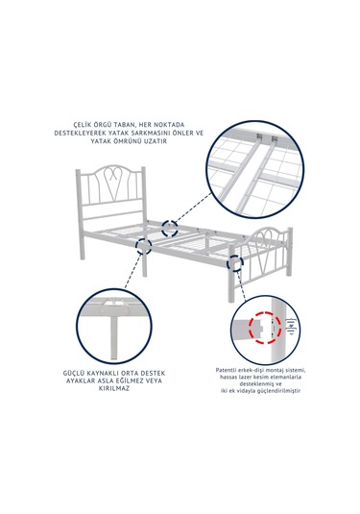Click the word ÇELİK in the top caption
84,125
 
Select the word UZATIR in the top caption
156,141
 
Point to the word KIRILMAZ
114,388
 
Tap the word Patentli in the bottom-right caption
226,370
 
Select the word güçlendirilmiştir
280,391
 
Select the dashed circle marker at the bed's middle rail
171,228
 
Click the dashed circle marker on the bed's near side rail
144,246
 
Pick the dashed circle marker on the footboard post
235,263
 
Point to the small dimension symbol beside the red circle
291,327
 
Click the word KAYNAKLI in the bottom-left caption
106,373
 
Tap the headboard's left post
80,214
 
